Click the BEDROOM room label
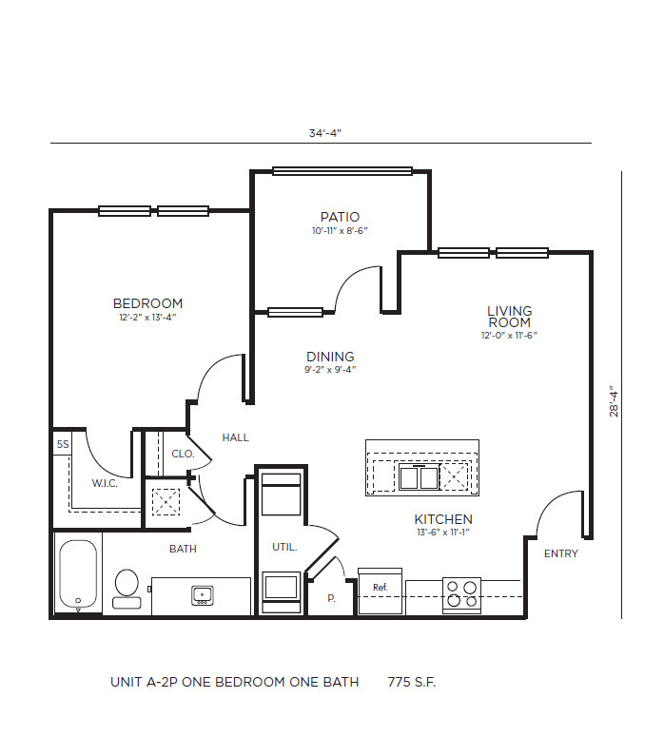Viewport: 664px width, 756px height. pos(147,303)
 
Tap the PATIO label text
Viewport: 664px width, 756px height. pos(340,217)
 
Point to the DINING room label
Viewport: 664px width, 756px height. pos(330,357)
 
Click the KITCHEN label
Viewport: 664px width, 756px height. pos(443,519)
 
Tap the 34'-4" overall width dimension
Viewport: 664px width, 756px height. pos(324,133)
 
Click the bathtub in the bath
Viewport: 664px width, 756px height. pos(78,575)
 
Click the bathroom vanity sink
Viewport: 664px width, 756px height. pos(203,595)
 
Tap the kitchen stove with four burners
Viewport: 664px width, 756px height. pos(461,593)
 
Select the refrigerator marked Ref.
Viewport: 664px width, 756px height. pos(381,589)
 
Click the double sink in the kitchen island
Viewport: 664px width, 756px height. pos(419,476)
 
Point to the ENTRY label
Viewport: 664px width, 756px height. pos(560,553)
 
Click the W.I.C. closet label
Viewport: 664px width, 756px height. pos(105,483)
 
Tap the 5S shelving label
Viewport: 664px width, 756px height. pos(63,444)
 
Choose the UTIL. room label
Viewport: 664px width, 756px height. pos(285,547)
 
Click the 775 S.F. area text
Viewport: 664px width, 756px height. pos(411,682)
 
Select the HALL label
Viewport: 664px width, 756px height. pos(235,437)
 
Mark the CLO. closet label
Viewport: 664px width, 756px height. pos(183,454)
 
